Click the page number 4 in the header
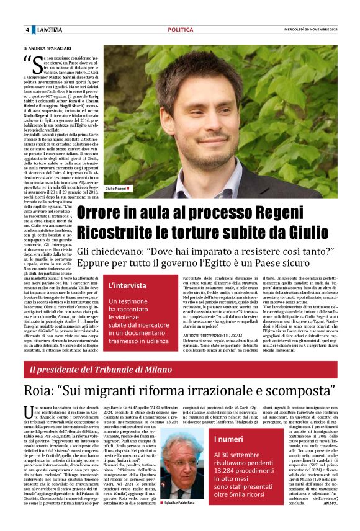coord(27,30)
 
